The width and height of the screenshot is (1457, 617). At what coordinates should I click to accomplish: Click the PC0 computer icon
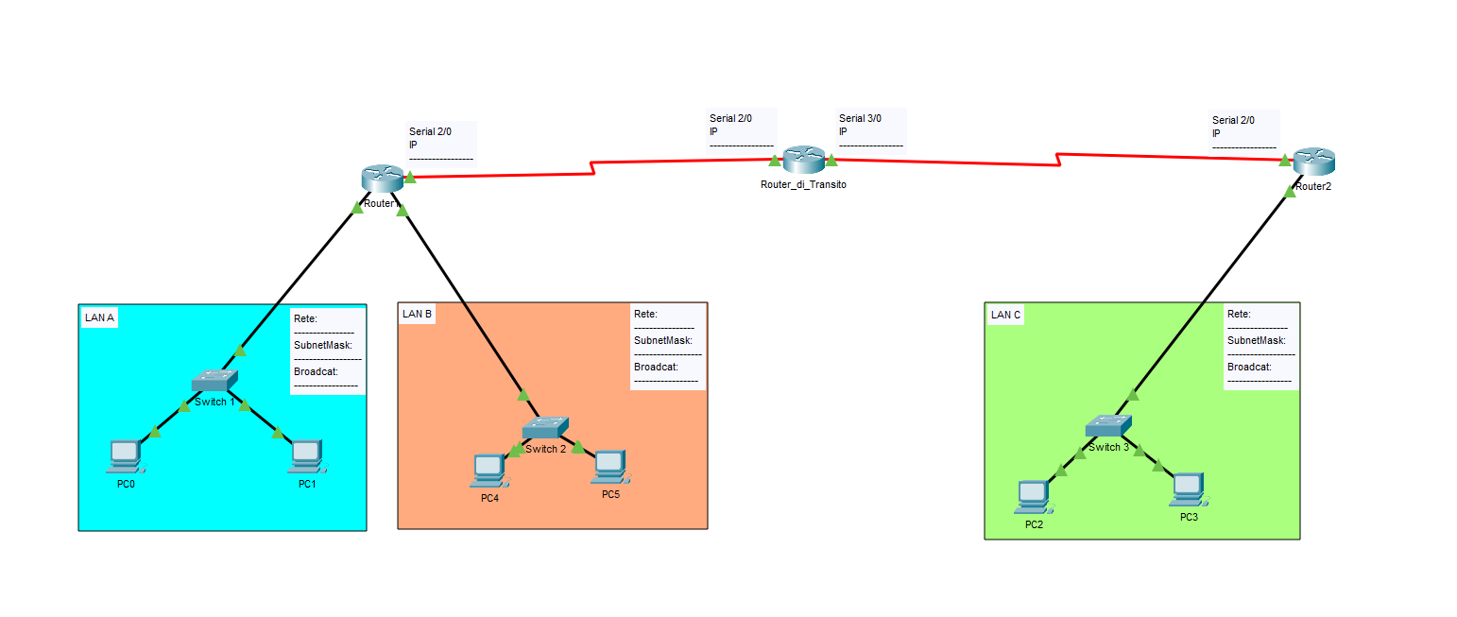pos(126,456)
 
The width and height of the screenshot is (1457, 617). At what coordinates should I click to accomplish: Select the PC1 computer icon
pos(308,456)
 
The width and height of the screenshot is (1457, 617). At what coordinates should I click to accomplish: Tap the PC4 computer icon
pos(489,471)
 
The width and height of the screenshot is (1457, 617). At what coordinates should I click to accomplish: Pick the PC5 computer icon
pos(610,467)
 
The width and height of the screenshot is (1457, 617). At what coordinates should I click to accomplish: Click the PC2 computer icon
pos(1034,497)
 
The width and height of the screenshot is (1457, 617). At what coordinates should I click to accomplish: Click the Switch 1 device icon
pos(214,381)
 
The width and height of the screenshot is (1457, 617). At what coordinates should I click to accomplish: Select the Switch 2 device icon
pos(545,428)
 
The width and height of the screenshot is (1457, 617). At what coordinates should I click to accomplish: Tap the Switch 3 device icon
pos(1108,426)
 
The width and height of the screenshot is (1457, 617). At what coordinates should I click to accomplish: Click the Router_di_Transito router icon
pos(804,160)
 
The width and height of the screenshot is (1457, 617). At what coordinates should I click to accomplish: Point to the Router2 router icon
pos(1314,162)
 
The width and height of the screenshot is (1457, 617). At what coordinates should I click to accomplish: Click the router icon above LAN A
pos(383,179)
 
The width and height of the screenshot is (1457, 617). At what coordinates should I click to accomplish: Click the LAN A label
pos(99,317)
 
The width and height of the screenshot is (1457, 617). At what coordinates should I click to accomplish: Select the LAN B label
pos(417,314)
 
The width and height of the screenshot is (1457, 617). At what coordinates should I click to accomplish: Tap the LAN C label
pos(1005,315)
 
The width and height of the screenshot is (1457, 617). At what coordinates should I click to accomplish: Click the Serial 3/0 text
pos(860,118)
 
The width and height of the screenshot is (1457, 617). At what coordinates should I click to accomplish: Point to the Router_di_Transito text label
pos(803,184)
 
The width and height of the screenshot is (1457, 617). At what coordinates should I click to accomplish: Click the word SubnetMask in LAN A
pos(322,345)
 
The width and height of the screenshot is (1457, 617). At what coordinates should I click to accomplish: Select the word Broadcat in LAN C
pos(1249,367)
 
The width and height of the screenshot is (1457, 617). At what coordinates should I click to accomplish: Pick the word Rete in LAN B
pos(646,314)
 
